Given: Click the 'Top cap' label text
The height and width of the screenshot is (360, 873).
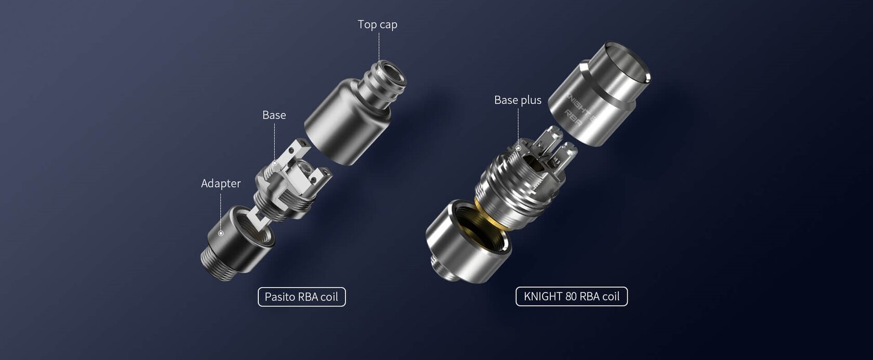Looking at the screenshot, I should tap(377, 24).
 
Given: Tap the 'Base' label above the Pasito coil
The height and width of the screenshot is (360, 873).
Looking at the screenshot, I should tap(274, 115).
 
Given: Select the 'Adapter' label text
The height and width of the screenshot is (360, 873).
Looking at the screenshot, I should tap(221, 183).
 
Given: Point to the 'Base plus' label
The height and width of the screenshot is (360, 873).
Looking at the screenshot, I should tap(518, 100).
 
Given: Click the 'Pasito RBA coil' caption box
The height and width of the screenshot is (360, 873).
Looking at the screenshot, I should tap(301, 297).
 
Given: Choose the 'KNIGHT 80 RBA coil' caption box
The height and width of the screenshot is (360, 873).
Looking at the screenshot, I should tap(571, 296).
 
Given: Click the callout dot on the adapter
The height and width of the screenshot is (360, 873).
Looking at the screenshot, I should tap(221, 233).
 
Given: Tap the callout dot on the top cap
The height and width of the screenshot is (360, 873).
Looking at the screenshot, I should tap(379, 73).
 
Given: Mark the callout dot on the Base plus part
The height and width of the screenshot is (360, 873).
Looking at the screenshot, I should tap(518, 149).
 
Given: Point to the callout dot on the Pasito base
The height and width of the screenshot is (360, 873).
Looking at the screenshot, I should tap(274, 164).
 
